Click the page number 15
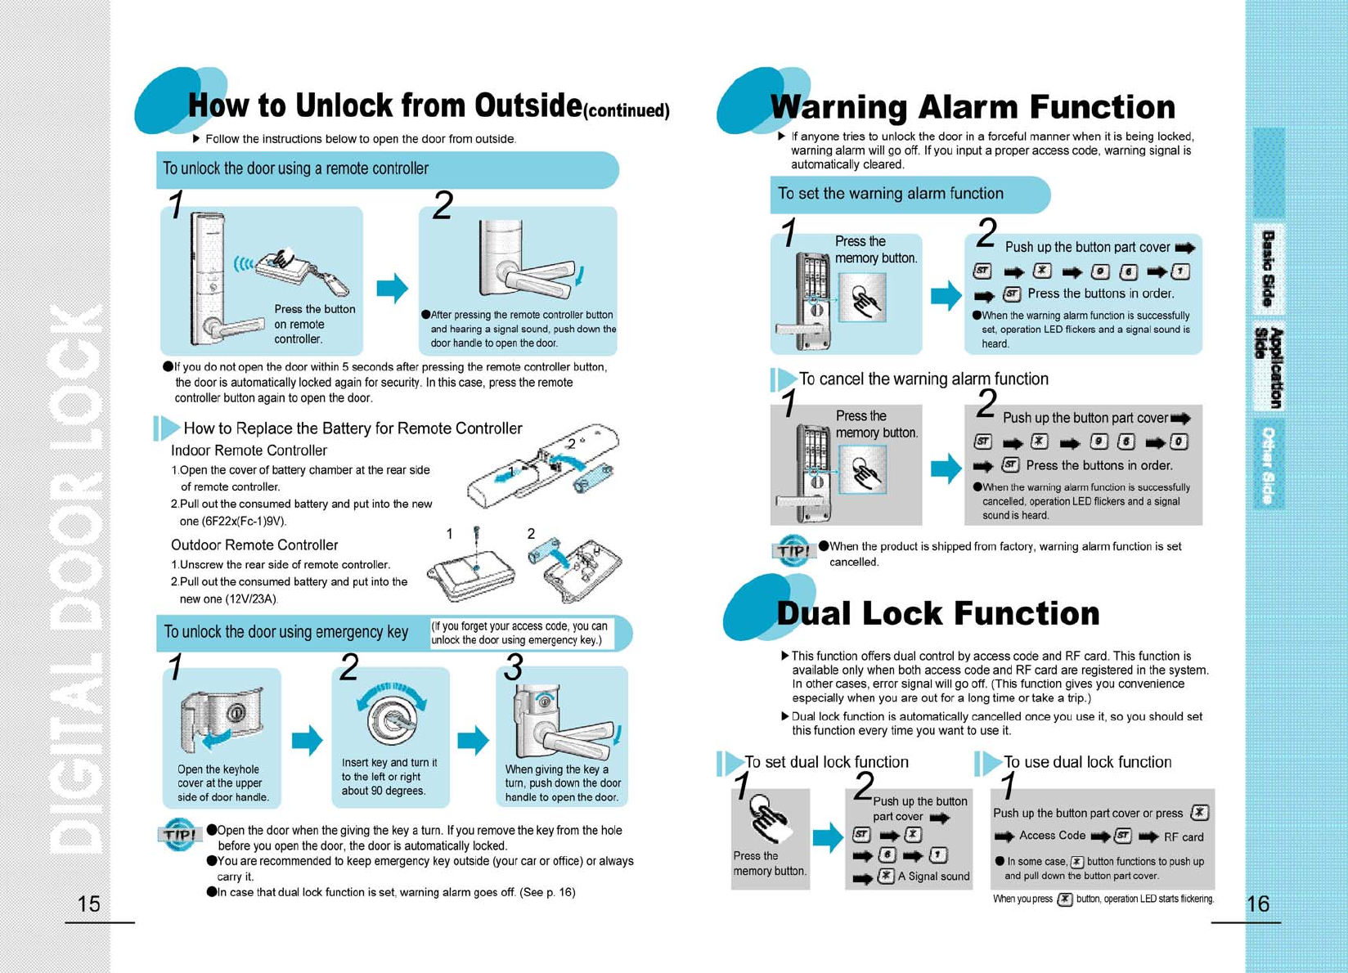coord(88,903)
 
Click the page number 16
coord(1257,903)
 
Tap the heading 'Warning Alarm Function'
coord(972,107)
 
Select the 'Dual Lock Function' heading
coord(937,613)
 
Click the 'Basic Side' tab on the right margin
coord(1268,268)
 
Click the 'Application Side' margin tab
coord(1269,367)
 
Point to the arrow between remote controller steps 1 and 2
coord(392,288)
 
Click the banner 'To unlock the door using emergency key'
coord(286,632)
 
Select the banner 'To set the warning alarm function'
coord(890,194)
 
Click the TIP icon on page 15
coord(178,834)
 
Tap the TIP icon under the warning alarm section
coord(792,550)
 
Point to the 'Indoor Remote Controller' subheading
coord(249,451)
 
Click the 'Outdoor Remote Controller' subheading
coord(254,545)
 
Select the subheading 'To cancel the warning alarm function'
coord(923,379)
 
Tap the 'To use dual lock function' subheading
coord(1086,762)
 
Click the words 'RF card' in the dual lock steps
coord(1184,836)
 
